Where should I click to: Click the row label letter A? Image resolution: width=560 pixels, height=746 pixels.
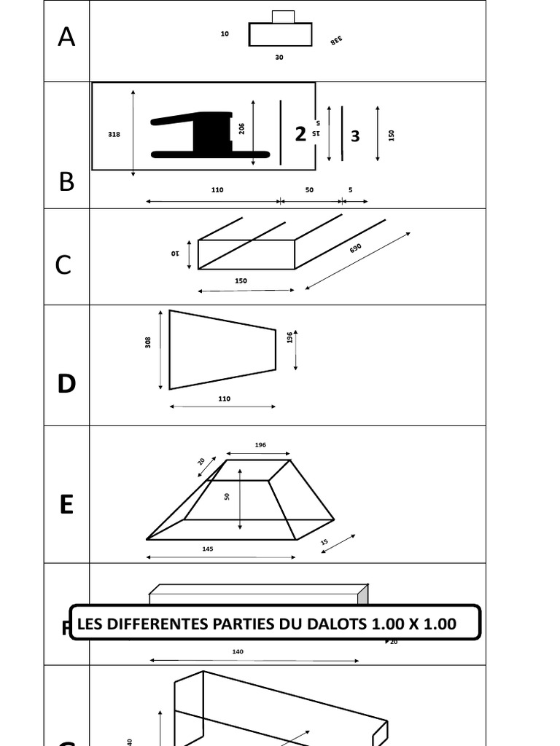point(66,36)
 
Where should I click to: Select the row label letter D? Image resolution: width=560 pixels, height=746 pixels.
point(66,383)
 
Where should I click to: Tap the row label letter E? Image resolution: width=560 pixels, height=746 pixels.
point(66,504)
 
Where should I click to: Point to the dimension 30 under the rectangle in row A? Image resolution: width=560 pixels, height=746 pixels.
point(279,58)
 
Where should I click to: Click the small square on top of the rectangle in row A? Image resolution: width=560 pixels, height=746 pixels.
point(283,17)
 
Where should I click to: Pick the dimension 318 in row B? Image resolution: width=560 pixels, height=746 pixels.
point(114,134)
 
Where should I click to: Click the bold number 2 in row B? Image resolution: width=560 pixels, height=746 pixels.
point(300,134)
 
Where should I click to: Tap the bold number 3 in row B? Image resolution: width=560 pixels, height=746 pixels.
point(355,136)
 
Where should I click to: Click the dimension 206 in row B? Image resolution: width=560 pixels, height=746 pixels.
point(241,128)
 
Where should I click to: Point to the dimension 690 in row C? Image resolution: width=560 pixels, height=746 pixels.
point(355,248)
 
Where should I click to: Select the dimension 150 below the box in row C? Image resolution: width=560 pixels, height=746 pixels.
point(241,280)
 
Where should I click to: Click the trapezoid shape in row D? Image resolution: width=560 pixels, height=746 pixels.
point(219,350)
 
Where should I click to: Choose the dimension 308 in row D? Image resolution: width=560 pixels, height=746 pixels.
point(149,342)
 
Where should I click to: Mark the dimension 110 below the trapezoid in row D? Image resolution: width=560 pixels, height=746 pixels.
point(224,398)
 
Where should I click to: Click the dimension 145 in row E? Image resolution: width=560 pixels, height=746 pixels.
point(208,549)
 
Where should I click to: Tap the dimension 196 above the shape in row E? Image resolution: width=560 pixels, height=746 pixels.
point(260,444)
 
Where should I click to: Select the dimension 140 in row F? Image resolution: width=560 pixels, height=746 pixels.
point(238,651)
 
